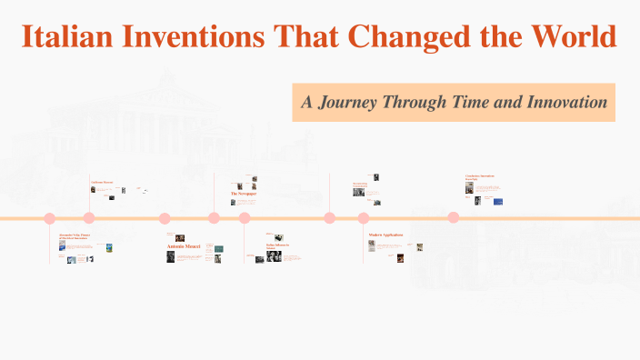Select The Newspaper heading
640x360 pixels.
(x=245, y=194)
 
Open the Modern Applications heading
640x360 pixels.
(x=385, y=235)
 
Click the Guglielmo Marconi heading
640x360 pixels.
(x=102, y=183)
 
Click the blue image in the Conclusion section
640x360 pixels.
(x=498, y=201)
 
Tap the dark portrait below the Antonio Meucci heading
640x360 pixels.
(x=170, y=257)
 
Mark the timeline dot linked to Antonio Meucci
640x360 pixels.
(x=165, y=218)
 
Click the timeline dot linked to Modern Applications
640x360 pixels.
(x=364, y=218)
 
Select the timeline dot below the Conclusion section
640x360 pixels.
(x=453, y=217)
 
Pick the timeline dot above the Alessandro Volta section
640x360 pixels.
(x=50, y=218)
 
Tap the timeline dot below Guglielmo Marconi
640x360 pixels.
(x=89, y=217)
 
